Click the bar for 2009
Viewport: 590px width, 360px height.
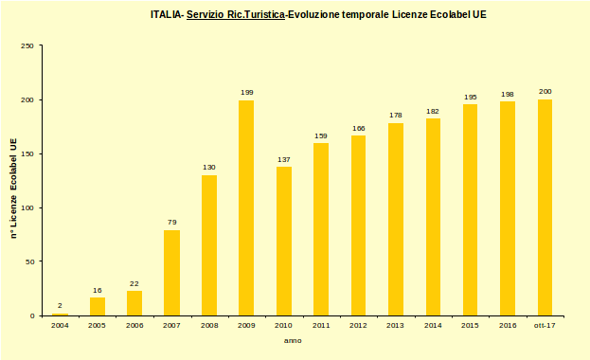[246, 207]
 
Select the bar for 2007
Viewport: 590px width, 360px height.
[171, 273]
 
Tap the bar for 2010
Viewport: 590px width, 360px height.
[284, 241]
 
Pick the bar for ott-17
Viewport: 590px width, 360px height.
[545, 207]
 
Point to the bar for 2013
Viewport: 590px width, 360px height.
[396, 219]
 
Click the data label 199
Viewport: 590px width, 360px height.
[246, 92]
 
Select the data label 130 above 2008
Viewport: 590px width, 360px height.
[209, 168]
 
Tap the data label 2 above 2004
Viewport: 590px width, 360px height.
[60, 306]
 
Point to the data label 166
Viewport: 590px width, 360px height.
[358, 128]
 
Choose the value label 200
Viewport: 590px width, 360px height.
[545, 91]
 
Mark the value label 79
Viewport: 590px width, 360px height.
[171, 223]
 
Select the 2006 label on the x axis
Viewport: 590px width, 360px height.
[134, 325]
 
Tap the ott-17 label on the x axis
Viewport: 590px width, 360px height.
[545, 325]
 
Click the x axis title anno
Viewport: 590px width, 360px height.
[294, 340]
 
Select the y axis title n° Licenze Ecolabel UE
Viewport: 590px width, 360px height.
[13, 187]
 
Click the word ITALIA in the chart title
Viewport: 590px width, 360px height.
[166, 15]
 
